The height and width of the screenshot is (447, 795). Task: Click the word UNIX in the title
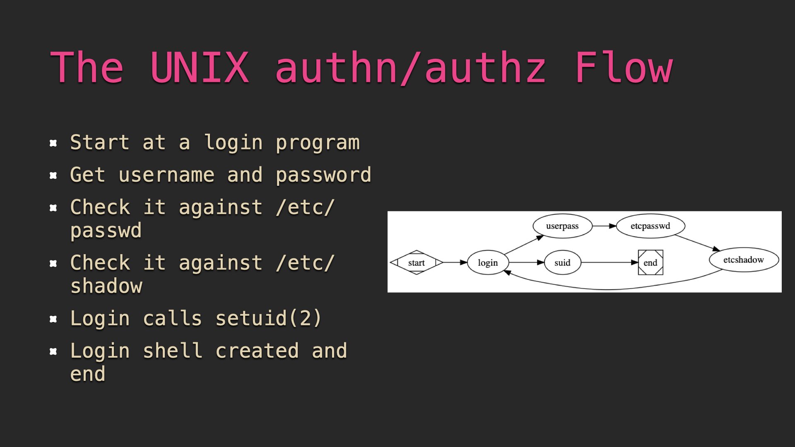coord(200,67)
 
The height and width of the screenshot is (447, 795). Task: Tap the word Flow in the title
coord(624,67)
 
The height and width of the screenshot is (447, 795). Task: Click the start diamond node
coord(417,262)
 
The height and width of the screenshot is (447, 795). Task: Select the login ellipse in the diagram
coord(488,262)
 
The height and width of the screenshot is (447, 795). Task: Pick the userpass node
coord(562,226)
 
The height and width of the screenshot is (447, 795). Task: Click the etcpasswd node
coord(650,226)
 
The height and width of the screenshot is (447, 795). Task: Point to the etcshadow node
coord(744,260)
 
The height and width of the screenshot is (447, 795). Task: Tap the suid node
coord(562,262)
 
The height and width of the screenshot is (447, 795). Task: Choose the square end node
coord(650,262)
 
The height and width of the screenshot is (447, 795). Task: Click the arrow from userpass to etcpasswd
coord(604,226)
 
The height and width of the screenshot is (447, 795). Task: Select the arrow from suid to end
coord(609,262)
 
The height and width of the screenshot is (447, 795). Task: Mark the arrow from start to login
coord(455,262)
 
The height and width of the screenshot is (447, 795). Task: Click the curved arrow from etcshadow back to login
coord(609,289)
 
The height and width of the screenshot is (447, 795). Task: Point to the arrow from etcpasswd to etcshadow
coord(698,243)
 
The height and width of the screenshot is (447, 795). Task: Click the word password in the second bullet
coord(323,175)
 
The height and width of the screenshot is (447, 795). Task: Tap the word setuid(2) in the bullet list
coord(268,318)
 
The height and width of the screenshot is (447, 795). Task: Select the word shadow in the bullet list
coord(106,286)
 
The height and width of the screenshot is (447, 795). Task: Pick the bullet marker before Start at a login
coord(53,143)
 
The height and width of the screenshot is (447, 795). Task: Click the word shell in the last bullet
coord(173,351)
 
